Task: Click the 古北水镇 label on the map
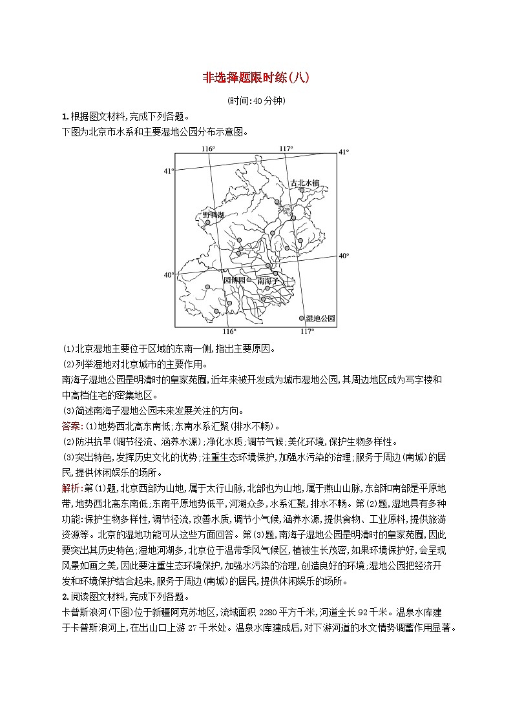305,183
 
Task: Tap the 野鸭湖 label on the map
213,214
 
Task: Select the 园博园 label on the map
234,281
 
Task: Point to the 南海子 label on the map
266,281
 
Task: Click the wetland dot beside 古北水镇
301,190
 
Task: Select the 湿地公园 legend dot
301,318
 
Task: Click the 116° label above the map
207,149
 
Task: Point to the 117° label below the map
307,331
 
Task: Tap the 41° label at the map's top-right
344,152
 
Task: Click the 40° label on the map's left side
169,275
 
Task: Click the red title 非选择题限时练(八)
256,78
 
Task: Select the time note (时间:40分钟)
256,101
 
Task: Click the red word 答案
70,426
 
